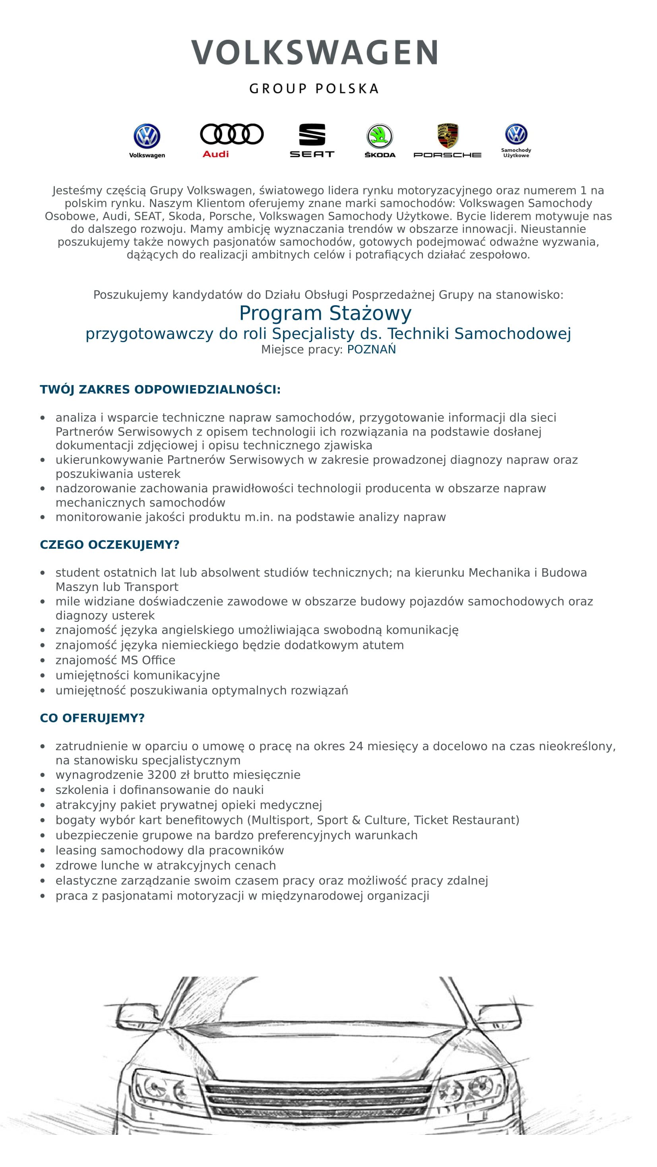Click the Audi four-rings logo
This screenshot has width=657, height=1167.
(x=232, y=134)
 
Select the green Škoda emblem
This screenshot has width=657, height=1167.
(x=380, y=136)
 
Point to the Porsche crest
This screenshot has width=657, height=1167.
(x=448, y=135)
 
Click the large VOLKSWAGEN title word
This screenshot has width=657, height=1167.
(x=314, y=52)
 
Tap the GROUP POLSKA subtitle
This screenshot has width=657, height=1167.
(x=314, y=89)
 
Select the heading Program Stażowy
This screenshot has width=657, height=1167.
(x=326, y=313)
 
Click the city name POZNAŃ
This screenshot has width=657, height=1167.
(x=372, y=349)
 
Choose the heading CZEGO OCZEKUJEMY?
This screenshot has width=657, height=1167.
(x=110, y=544)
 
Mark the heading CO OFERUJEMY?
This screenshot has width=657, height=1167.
(x=92, y=718)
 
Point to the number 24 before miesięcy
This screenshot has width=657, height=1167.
(x=356, y=746)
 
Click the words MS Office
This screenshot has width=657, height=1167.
(x=148, y=660)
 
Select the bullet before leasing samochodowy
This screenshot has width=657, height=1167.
(x=43, y=851)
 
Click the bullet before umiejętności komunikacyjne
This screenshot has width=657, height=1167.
(x=43, y=676)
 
